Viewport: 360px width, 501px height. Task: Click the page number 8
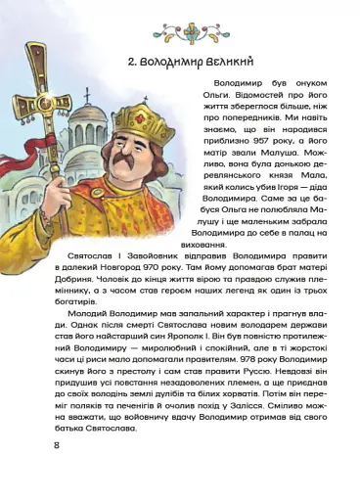click(58, 445)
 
